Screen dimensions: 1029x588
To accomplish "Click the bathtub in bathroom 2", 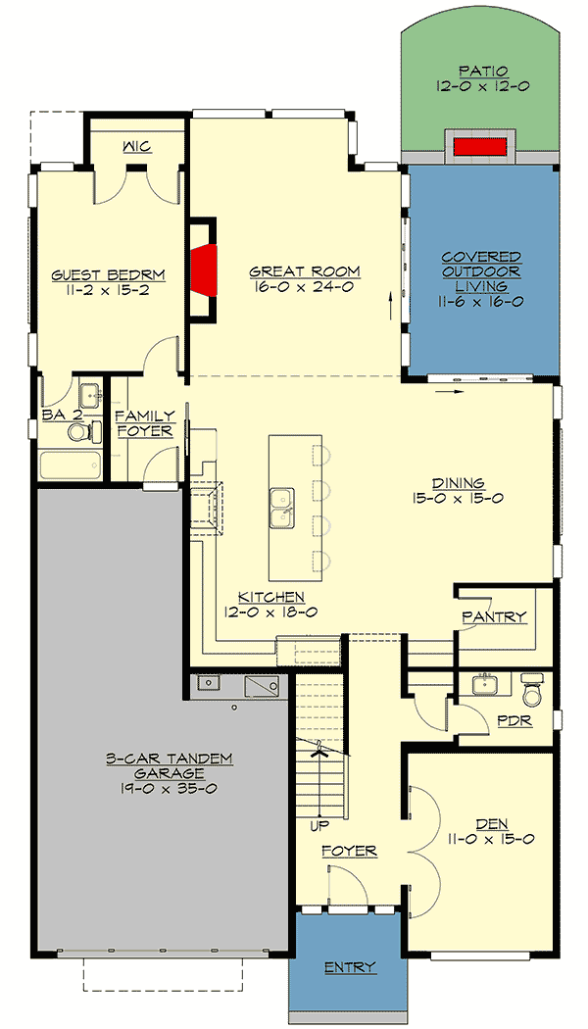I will [71, 464].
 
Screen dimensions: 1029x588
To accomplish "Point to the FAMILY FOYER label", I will [145, 422].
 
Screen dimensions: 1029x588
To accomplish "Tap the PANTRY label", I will [495, 617].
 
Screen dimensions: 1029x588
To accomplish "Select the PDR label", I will [514, 719].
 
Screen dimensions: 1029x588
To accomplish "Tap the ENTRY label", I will [349, 967].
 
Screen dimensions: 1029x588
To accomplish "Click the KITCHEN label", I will [271, 597].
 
